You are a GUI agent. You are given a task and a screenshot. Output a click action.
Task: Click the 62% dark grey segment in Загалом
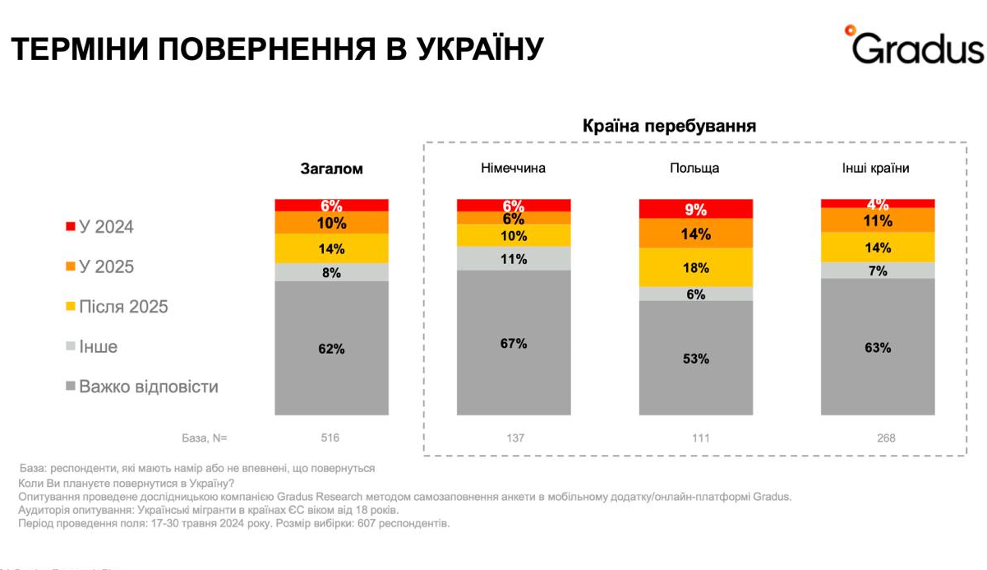(x=331, y=349)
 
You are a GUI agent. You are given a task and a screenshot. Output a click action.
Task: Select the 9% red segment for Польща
(x=696, y=209)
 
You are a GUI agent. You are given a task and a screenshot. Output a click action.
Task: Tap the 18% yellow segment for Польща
(x=696, y=267)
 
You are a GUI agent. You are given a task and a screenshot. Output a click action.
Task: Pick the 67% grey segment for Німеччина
(x=514, y=343)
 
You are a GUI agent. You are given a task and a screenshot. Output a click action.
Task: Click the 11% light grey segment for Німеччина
(x=514, y=258)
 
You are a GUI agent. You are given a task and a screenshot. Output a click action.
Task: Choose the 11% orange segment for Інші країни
(x=878, y=220)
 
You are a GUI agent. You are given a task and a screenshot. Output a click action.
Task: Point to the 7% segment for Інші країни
(x=878, y=271)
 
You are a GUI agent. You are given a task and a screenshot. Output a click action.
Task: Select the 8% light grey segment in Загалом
(x=331, y=273)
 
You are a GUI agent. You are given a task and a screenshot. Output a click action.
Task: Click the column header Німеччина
(x=513, y=169)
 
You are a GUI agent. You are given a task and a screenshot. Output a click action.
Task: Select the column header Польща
(x=694, y=169)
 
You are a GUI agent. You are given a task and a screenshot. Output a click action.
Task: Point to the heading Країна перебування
(x=669, y=127)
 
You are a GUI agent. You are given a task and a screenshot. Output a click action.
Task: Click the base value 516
(x=330, y=438)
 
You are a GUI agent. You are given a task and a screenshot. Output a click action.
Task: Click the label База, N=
(x=203, y=438)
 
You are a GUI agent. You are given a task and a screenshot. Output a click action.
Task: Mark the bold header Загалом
(x=330, y=169)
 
